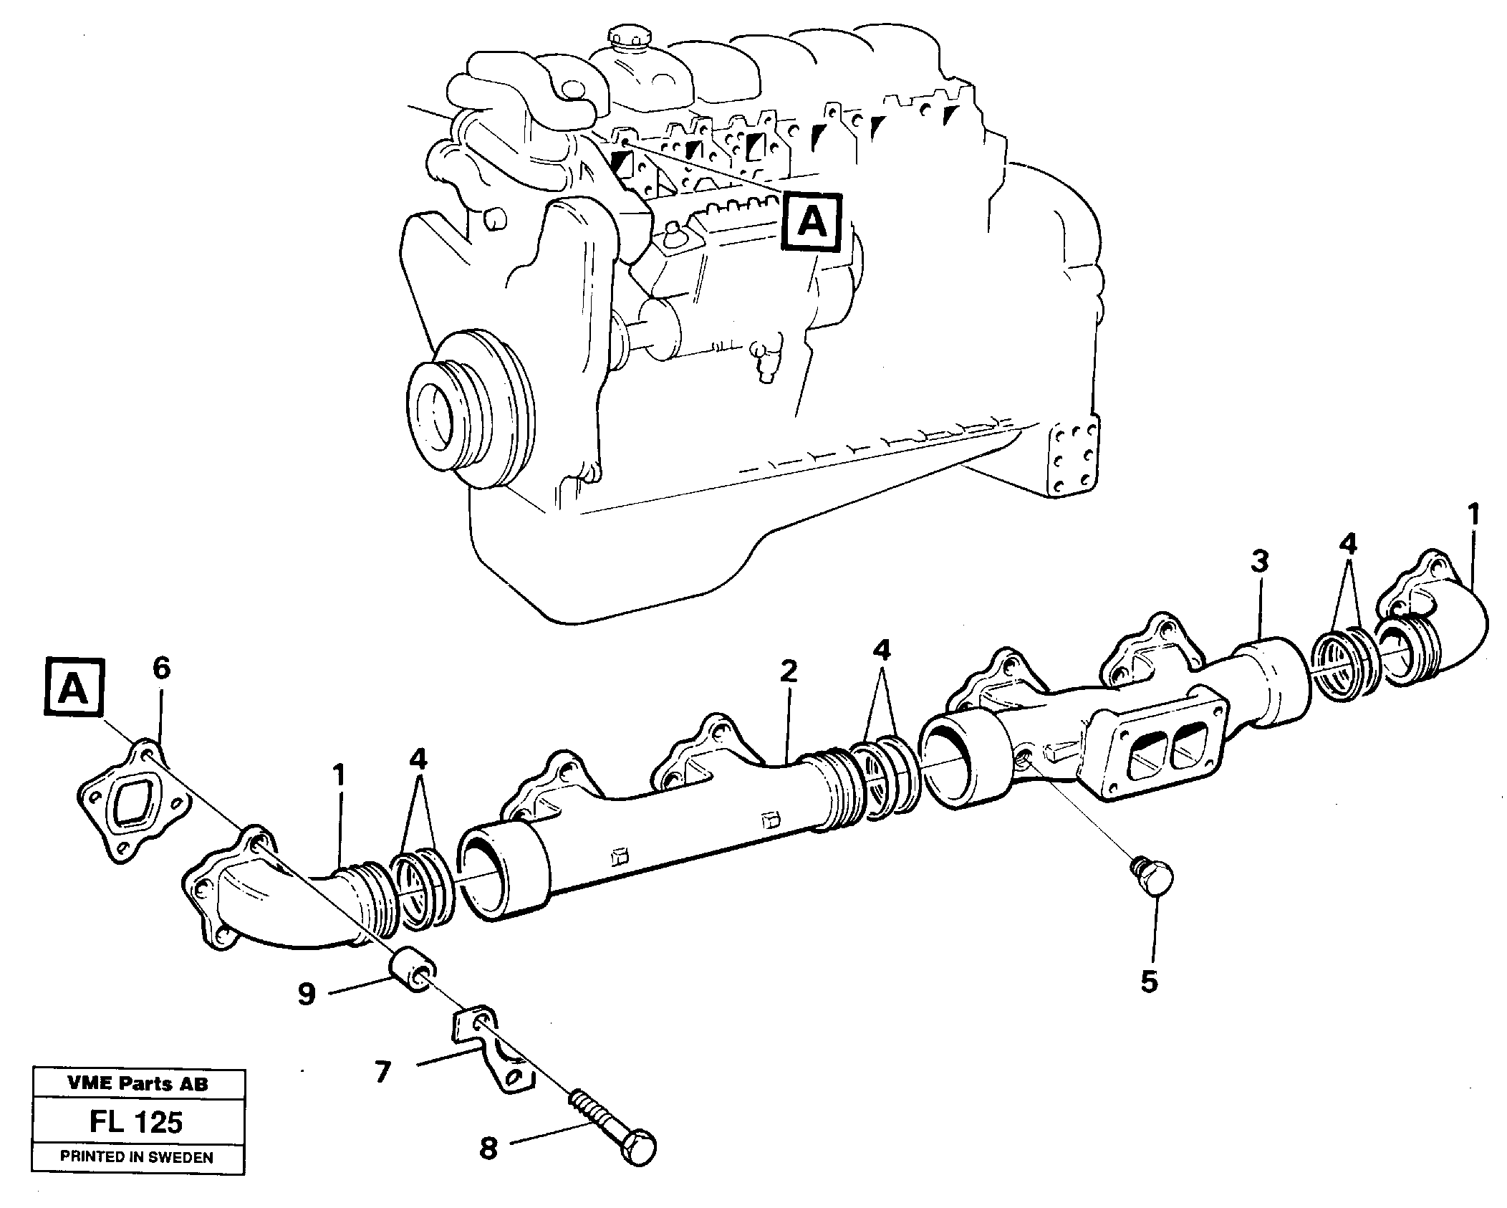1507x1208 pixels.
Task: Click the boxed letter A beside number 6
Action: [74, 690]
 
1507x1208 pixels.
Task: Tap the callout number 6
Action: [161, 668]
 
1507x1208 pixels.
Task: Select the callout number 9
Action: [307, 994]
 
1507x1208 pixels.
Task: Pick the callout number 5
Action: [1149, 982]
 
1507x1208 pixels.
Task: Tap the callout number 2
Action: [788, 671]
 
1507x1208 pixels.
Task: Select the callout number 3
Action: [1260, 561]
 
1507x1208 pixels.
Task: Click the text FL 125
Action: [136, 1122]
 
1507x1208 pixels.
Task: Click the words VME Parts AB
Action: [138, 1083]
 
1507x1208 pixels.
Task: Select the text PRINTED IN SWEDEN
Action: [137, 1156]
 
